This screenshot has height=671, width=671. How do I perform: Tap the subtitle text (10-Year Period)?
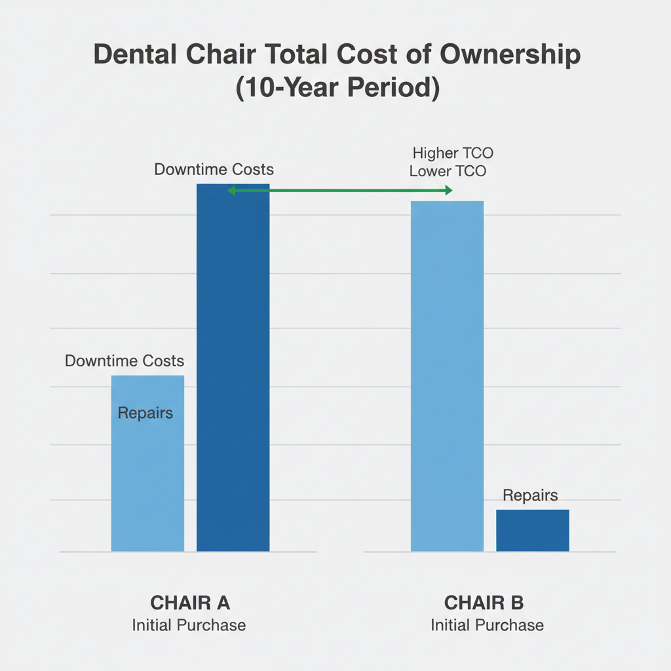336,88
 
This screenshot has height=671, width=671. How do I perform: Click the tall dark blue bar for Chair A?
233,367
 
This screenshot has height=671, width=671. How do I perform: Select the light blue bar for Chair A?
147,472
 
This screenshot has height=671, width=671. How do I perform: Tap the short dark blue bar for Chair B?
532,530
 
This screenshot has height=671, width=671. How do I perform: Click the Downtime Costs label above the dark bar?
214,170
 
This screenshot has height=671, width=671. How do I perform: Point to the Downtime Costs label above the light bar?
125,361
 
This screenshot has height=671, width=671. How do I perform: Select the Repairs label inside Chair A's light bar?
145,413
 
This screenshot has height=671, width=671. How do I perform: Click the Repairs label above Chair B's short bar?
530,495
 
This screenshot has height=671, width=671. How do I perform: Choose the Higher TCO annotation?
453,154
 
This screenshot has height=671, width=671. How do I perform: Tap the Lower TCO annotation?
448,172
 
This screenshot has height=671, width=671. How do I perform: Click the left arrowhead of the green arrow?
231,191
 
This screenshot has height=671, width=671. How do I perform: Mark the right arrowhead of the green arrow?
448,191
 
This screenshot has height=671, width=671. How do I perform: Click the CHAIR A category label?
190,602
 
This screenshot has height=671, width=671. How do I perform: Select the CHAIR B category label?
484,602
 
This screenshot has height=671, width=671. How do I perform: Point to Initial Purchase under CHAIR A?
189,625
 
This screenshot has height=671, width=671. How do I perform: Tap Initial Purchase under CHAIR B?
487,625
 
